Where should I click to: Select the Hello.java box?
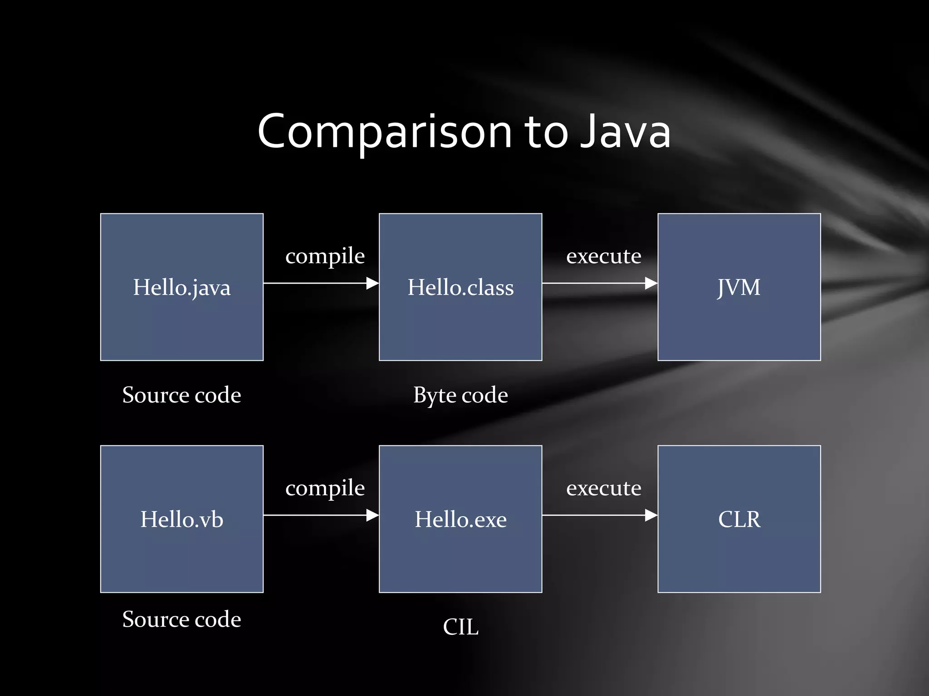point(182,287)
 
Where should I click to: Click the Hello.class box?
point(460,287)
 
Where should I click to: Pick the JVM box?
point(739,287)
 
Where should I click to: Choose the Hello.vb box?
point(182,519)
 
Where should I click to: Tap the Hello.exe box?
point(460,519)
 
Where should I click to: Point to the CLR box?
point(739,519)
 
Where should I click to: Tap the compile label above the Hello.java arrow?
point(325,256)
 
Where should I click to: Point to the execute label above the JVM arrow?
point(604,256)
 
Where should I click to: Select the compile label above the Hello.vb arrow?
point(325,488)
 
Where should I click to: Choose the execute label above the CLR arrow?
point(604,488)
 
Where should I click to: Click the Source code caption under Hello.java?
point(181,395)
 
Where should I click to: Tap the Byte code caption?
point(460,395)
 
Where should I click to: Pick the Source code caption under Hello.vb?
point(181,619)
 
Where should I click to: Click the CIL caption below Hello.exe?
point(460,627)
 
